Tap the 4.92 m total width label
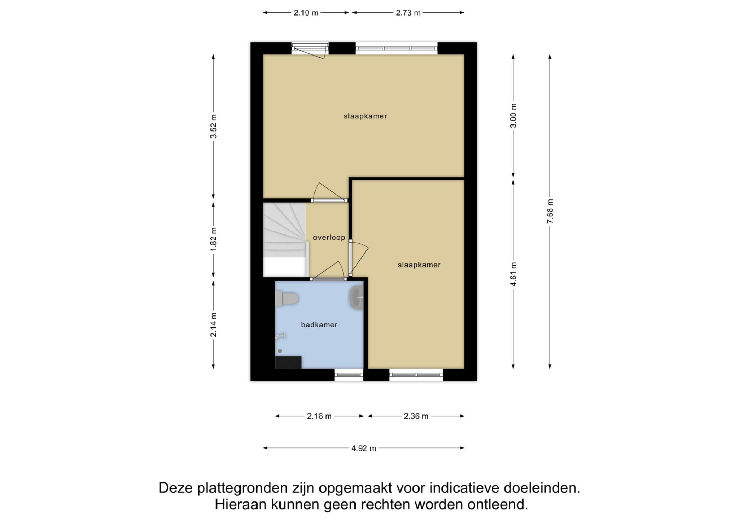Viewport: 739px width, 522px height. [x=364, y=448]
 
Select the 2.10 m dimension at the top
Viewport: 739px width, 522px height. [x=306, y=13]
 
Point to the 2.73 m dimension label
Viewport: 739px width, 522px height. [x=408, y=13]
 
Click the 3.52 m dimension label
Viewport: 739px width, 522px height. [x=214, y=126]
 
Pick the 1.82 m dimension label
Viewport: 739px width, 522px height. [x=214, y=239]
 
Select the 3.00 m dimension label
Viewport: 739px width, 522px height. [x=514, y=115]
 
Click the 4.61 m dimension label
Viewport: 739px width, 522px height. [x=514, y=274]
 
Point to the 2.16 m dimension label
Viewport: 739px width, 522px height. [x=319, y=416]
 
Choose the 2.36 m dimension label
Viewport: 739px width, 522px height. [x=416, y=416]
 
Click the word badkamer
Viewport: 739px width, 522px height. [x=319, y=325]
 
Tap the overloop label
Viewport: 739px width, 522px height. [x=329, y=238]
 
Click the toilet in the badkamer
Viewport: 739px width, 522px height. [x=287, y=299]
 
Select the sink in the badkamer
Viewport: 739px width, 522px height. [x=357, y=297]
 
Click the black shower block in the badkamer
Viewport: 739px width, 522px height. [x=288, y=362]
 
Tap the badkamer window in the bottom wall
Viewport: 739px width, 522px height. [x=349, y=375]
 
